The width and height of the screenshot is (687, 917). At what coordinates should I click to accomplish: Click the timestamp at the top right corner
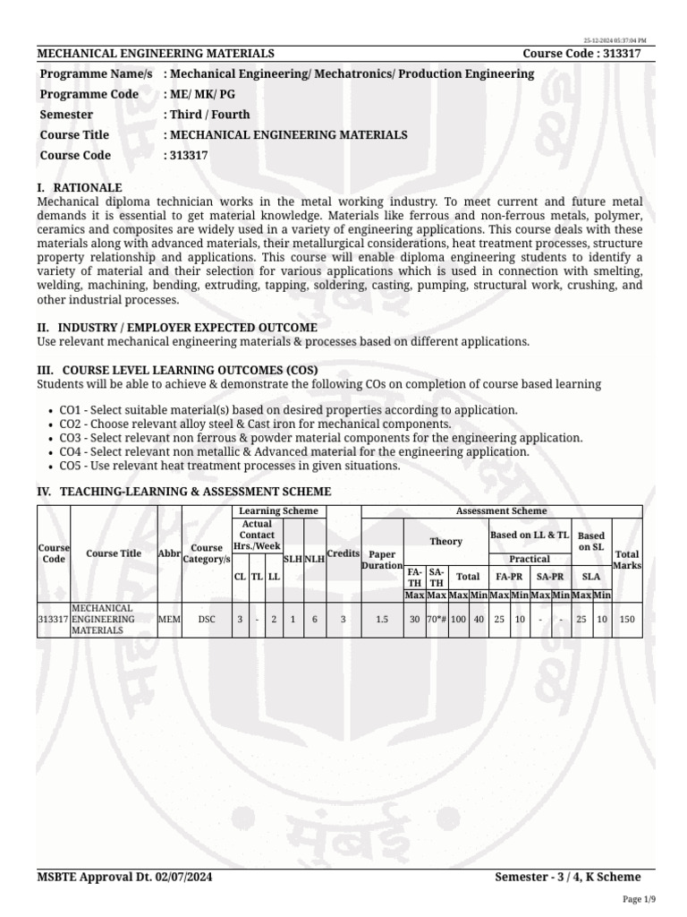(x=615, y=41)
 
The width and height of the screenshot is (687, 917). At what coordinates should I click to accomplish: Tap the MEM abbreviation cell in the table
(x=169, y=619)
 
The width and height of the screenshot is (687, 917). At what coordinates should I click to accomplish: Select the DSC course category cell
(x=207, y=619)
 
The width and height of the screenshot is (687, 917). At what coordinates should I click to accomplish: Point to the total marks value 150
(x=627, y=619)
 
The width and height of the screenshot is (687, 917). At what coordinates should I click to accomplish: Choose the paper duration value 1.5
(x=382, y=619)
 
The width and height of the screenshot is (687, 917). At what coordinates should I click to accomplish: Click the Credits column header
(x=343, y=553)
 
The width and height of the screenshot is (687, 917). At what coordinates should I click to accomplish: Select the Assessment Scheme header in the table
(x=501, y=510)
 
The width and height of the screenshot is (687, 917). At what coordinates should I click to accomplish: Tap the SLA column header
(x=591, y=578)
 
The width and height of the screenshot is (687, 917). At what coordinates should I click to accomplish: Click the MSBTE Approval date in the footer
(x=124, y=877)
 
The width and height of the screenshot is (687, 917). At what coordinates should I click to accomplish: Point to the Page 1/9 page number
(x=639, y=898)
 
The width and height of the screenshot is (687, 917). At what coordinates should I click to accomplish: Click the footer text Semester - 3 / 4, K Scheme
(x=568, y=877)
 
